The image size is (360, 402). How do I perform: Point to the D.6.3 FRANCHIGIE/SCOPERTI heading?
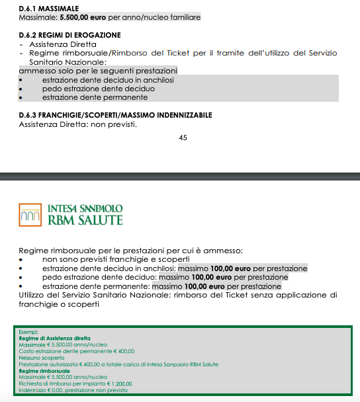pos(116,115)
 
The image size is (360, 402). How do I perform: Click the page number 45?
pos(183,138)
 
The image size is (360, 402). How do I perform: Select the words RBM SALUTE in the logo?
pos(85,220)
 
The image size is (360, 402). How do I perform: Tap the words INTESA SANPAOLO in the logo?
pos(85,208)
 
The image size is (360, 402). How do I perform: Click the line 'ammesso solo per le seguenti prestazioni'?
pos(99,69)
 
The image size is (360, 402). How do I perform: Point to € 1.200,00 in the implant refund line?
pos(116,383)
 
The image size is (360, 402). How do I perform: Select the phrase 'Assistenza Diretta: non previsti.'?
pos(78,124)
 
